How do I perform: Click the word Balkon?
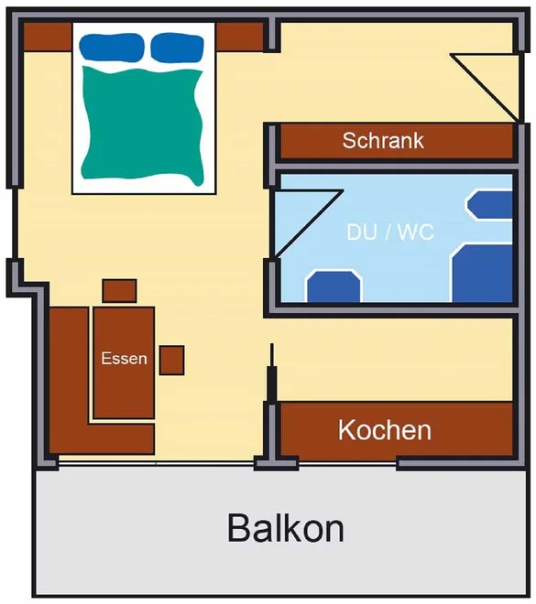coord(286,528)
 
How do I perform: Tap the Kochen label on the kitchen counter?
coord(385,430)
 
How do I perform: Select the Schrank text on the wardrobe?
coord(383,140)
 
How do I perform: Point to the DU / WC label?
coord(389,232)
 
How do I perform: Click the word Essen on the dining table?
coord(125,358)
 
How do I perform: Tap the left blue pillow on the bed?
coord(112,47)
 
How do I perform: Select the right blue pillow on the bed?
coord(177,48)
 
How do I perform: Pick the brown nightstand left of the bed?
coord(49,37)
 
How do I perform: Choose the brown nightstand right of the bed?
coord(239,37)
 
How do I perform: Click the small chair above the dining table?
coord(119,291)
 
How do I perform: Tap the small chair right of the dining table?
coord(171,361)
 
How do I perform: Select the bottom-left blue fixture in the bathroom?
coord(334,286)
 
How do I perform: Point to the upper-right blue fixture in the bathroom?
coord(489,205)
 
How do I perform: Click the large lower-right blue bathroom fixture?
coord(482,273)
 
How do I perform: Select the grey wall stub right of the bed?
coord(272,35)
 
